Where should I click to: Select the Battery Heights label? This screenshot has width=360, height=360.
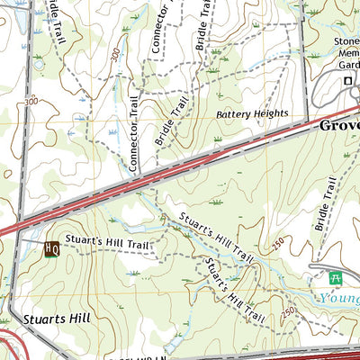click(252, 115)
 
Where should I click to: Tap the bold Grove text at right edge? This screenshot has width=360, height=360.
click(339, 126)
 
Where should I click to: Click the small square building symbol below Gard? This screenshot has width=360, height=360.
click(347, 83)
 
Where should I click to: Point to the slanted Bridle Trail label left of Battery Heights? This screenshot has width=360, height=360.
click(173, 123)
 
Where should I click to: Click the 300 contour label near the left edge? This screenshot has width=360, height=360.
click(31, 102)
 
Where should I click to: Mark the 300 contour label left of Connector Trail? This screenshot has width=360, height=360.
click(115, 55)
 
